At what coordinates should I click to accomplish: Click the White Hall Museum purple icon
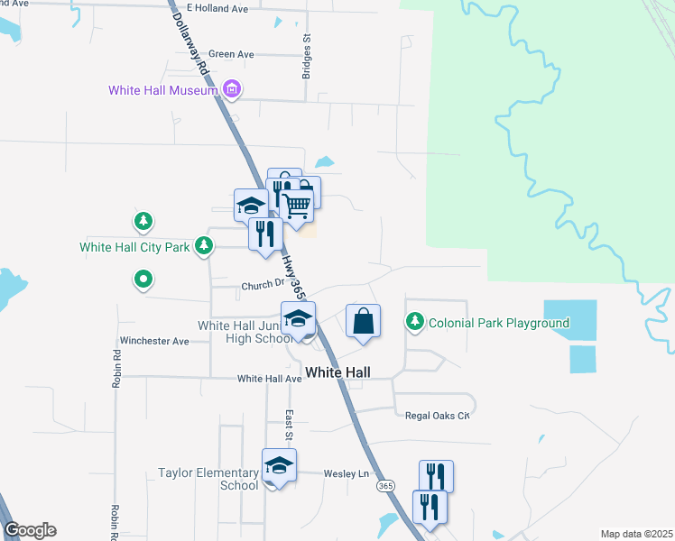232,89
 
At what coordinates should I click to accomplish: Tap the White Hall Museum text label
163,90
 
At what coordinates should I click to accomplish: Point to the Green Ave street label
231,54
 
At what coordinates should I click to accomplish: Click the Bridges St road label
307,56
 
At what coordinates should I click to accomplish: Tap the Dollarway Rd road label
191,37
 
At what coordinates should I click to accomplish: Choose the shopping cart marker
297,206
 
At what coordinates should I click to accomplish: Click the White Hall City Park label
135,247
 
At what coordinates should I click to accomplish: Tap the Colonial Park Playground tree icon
415,321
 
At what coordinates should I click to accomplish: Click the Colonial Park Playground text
499,323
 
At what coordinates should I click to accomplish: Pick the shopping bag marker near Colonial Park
363,321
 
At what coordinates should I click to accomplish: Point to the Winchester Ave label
154,342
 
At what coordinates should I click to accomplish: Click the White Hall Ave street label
269,379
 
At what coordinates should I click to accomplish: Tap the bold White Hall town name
337,371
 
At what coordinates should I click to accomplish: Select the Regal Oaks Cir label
439,415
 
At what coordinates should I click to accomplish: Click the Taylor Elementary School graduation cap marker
279,465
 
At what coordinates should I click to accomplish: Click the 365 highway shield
385,486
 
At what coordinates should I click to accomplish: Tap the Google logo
31,530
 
